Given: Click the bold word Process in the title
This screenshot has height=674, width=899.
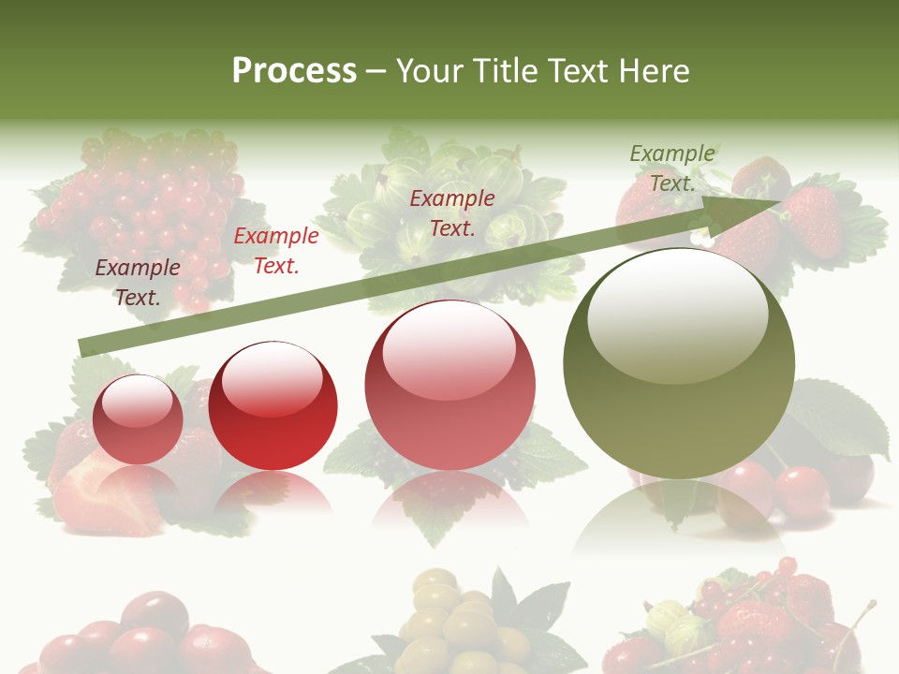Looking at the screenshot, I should [x=294, y=71].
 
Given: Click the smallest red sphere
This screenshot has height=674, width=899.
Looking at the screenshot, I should [x=139, y=419].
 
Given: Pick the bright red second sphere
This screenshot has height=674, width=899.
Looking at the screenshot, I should [x=273, y=405].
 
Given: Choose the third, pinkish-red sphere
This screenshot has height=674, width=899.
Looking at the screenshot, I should [x=450, y=385].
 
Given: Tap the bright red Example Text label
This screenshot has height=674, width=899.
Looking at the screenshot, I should [x=275, y=251].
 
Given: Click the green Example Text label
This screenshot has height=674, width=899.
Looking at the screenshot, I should [x=672, y=168].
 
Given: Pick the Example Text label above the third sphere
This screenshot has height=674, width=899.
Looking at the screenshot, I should [x=452, y=212].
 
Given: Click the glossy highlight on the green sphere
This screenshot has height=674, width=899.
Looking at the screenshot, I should [x=677, y=314].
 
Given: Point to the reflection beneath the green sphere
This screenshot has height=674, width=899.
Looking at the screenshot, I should [x=678, y=524].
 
